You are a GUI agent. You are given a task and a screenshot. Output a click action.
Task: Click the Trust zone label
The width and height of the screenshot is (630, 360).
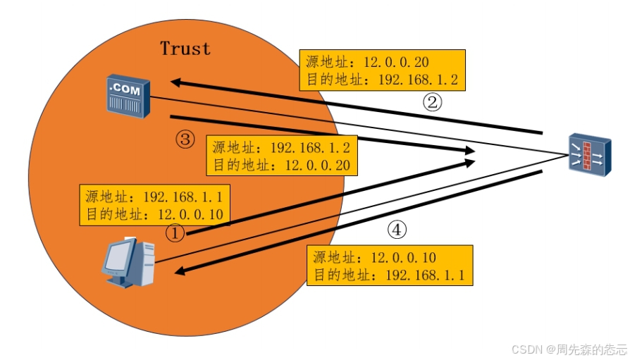point(185,49)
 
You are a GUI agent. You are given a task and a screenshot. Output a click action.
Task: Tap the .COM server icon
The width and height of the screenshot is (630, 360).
point(128,96)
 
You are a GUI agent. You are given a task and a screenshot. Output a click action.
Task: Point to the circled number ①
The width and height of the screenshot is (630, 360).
point(175,232)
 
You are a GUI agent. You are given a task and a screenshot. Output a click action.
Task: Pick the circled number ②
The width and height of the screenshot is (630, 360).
point(432,102)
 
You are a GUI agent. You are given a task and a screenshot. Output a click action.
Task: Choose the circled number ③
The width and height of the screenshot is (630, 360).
point(184,139)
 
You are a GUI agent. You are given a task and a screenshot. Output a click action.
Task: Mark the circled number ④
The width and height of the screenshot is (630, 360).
point(397,230)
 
